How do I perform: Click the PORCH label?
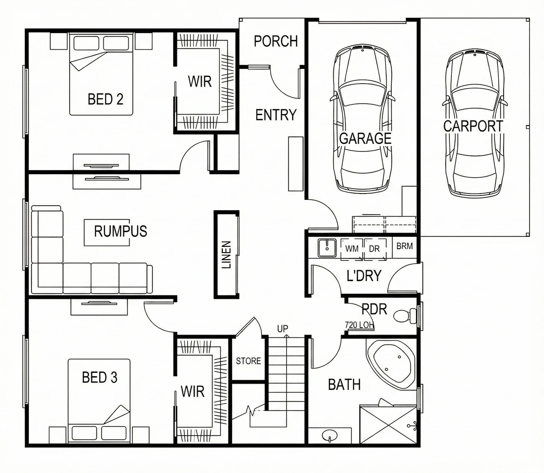pyautogui.click(x=276, y=41)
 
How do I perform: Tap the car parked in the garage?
pyautogui.click(x=363, y=118)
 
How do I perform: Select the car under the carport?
pyautogui.click(x=475, y=123)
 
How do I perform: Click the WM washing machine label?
pyautogui.click(x=352, y=249)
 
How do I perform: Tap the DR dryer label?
pyautogui.click(x=374, y=249)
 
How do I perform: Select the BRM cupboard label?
pyautogui.click(x=405, y=246)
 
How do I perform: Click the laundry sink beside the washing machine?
pyautogui.click(x=327, y=248)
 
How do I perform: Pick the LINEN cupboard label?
pyautogui.click(x=226, y=255)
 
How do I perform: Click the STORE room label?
pyautogui.click(x=248, y=361)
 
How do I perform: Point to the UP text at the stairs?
pyautogui.click(x=282, y=329)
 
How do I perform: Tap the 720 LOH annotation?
pyautogui.click(x=359, y=325)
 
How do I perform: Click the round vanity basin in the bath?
pyautogui.click(x=330, y=436)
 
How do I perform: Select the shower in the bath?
pyautogui.click(x=388, y=424)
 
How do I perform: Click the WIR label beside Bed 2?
pyautogui.click(x=200, y=81)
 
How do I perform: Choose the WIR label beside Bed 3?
pyautogui.click(x=192, y=392)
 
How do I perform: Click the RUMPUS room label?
pyautogui.click(x=120, y=231)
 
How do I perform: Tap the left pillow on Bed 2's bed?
pyautogui.click(x=86, y=43)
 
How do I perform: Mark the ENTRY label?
pyautogui.click(x=276, y=115)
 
